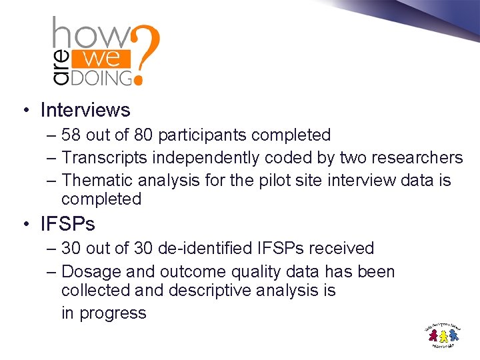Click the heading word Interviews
click(85, 109)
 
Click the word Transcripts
click(105, 158)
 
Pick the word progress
click(113, 313)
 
